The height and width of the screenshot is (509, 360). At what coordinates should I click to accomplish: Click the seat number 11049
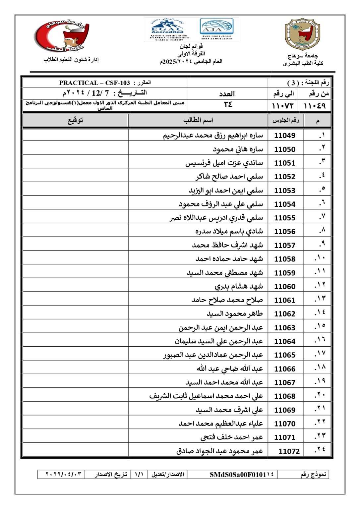pos(285,135)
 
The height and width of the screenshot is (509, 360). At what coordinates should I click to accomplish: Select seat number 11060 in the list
pos(285,286)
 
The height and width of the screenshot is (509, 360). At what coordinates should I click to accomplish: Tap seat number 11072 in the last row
pos(289,451)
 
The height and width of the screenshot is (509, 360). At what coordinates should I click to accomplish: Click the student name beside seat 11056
pos(229,231)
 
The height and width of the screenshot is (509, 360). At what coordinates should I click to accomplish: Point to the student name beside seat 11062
pos(235,313)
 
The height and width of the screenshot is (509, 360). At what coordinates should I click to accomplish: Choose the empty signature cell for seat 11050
pos(76,149)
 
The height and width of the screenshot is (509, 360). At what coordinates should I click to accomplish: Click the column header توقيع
pos(75,121)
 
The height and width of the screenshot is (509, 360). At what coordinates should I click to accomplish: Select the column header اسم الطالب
pos(198,120)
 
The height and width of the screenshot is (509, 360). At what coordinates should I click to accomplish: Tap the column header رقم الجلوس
pos(285,121)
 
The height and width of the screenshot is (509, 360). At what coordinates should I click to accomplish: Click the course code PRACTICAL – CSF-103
pos(94,83)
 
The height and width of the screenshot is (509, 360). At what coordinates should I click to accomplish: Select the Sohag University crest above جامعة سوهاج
pos(302,34)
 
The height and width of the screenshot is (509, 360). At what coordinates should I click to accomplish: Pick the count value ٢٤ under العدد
pos(228,105)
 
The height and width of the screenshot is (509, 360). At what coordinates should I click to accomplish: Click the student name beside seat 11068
pos(206,396)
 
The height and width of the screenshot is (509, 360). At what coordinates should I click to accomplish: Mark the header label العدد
pos(227,94)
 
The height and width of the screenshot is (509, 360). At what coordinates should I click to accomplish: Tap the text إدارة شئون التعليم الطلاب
pos(71,60)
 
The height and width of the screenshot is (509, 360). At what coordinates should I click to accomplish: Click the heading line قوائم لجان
pos(191,46)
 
